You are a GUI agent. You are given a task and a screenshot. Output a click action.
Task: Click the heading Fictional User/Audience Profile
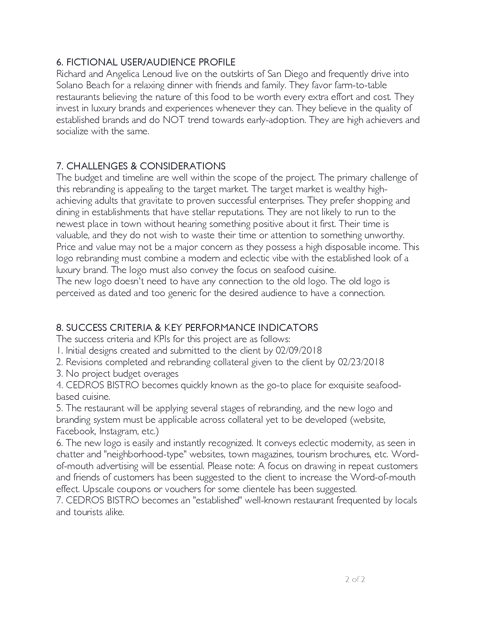coord(146,62)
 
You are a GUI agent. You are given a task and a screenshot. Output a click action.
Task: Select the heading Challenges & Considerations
coord(141,166)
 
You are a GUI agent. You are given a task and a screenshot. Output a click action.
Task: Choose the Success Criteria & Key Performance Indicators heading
coord(187,327)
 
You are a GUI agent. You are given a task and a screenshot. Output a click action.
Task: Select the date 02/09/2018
coord(298,351)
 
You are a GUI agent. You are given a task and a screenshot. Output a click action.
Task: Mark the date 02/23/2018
coord(361,362)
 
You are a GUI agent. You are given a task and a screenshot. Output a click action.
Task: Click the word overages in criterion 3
coord(161,374)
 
